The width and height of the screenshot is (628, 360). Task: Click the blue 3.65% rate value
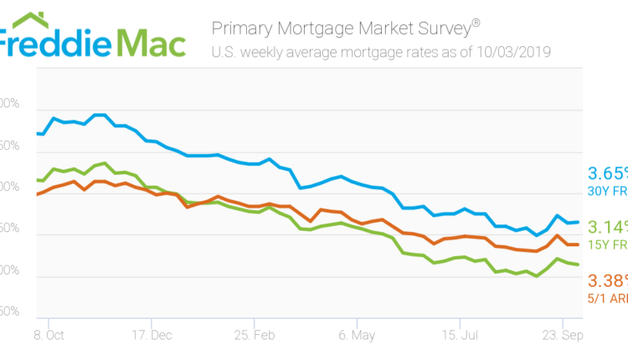[x=608, y=173]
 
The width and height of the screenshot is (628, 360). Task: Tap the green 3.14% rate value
[x=608, y=227]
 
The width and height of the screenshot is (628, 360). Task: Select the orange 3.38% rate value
[x=608, y=279]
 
